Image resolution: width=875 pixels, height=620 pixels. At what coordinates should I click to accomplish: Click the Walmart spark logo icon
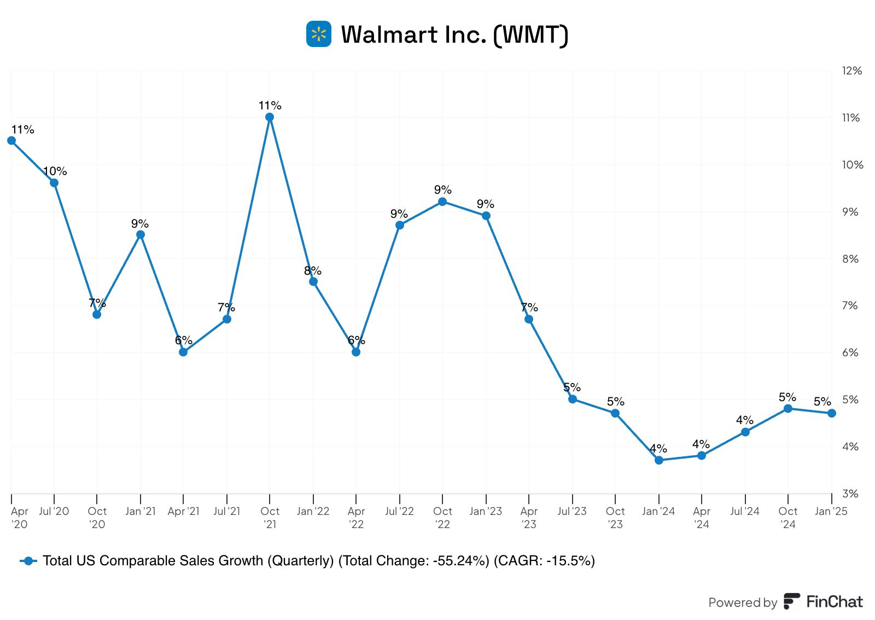coord(319,34)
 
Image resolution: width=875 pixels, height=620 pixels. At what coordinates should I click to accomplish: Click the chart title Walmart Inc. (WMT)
coord(454,34)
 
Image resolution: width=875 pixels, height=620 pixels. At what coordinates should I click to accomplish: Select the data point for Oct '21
coord(270,117)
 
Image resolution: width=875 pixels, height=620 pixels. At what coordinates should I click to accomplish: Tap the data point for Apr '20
coord(11,141)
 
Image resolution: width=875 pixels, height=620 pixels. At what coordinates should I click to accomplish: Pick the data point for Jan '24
coord(659,460)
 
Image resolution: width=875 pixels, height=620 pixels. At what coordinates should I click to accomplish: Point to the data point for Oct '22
coord(442,202)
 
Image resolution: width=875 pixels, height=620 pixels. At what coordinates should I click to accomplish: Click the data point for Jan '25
coord(832,413)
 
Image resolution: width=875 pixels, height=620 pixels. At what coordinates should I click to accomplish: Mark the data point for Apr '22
coord(356,352)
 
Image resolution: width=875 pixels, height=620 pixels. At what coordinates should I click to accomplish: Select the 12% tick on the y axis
coord(852,71)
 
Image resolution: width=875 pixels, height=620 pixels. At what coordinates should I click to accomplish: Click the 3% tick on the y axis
coord(850,494)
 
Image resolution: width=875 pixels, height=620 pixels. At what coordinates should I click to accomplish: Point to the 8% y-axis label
coord(850,259)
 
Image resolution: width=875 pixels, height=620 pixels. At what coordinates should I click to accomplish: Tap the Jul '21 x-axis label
coord(227,511)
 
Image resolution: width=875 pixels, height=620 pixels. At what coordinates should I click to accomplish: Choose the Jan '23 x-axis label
coord(486,511)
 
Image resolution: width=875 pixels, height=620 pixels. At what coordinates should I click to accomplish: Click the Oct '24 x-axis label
coord(788,517)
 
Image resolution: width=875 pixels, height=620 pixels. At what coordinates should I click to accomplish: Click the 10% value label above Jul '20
coord(55,171)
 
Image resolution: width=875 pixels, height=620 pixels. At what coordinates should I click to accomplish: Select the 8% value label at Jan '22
coord(313,271)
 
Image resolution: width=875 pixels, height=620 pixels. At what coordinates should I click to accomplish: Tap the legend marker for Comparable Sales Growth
coord(28,561)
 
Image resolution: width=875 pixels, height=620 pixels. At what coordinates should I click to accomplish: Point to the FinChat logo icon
coord(792,601)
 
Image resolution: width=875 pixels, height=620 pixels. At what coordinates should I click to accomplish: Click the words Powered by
coord(743,602)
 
